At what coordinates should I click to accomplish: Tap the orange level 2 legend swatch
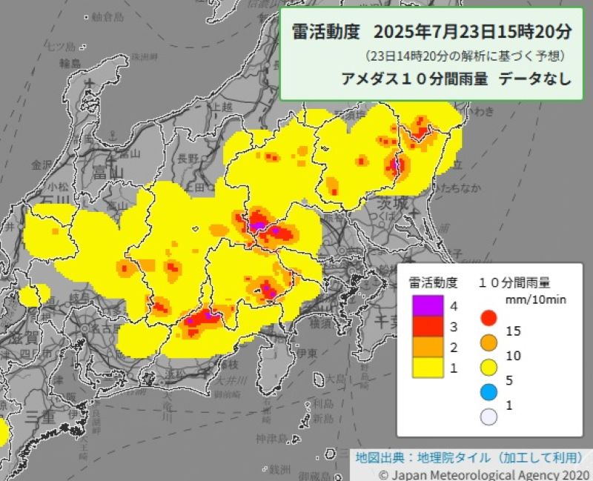click(428, 347)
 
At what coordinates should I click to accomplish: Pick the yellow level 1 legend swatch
click(428, 367)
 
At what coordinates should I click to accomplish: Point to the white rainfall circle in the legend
click(488, 417)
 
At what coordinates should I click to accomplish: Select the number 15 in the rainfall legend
click(513, 331)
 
